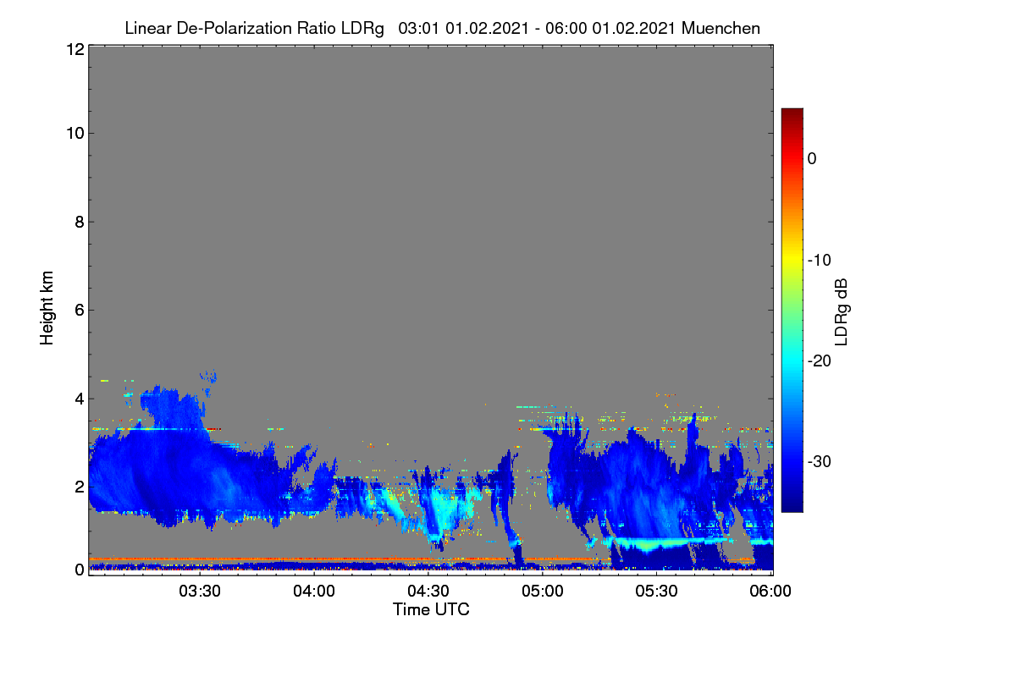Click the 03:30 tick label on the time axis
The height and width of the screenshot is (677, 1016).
(200, 591)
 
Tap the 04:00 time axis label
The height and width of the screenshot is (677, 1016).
(314, 591)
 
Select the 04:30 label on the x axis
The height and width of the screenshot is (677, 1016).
(428, 591)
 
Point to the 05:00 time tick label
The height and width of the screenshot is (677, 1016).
(543, 591)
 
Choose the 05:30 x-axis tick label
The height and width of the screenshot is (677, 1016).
(656, 591)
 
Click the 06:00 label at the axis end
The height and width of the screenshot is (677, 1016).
(770, 591)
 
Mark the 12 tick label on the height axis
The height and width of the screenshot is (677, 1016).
(75, 49)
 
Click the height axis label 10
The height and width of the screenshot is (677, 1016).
(75, 133)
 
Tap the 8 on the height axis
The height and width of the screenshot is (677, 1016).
(80, 222)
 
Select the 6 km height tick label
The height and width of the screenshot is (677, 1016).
(80, 311)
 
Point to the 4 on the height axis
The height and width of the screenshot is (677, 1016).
(80, 399)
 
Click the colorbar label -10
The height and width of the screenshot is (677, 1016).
(820, 260)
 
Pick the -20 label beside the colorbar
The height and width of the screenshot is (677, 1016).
(820, 361)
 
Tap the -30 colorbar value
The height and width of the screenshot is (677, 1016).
(820, 461)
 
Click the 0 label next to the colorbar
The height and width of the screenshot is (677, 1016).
(812, 159)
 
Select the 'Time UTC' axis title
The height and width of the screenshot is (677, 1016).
(431, 609)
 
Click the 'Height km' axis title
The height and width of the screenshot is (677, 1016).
(47, 308)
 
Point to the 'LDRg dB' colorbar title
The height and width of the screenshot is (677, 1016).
(841, 312)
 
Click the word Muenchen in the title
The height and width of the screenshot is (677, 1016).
(721, 28)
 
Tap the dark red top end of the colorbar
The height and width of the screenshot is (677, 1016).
(792, 111)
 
